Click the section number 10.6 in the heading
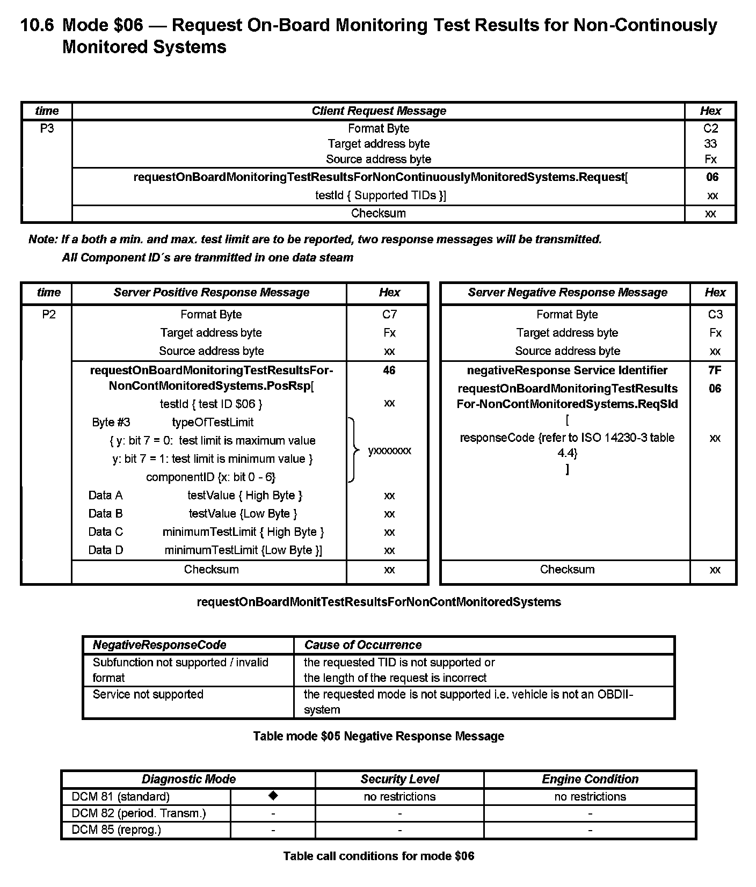pyautogui.click(x=37, y=25)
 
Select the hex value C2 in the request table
pyautogui.click(x=710, y=128)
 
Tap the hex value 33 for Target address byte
pyautogui.click(x=710, y=144)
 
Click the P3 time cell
pyautogui.click(x=47, y=128)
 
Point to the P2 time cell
pyautogui.click(x=48, y=314)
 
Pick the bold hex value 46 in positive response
pyautogui.click(x=389, y=370)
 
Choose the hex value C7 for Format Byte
pyautogui.click(x=389, y=314)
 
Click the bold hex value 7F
pyautogui.click(x=715, y=370)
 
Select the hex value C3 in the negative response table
pyautogui.click(x=715, y=314)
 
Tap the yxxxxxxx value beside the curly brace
pyautogui.click(x=390, y=450)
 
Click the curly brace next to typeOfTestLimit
pyautogui.click(x=353, y=450)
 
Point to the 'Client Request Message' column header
pyautogui.click(x=379, y=111)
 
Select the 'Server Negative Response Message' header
pyautogui.click(x=567, y=292)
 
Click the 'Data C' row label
pyautogui.click(x=105, y=532)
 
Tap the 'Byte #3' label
pyautogui.click(x=111, y=422)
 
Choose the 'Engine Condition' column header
pyautogui.click(x=590, y=779)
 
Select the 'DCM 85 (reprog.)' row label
pyautogui.click(x=116, y=830)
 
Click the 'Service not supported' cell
pyautogui.click(x=148, y=694)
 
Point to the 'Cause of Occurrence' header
pyautogui.click(x=363, y=645)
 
